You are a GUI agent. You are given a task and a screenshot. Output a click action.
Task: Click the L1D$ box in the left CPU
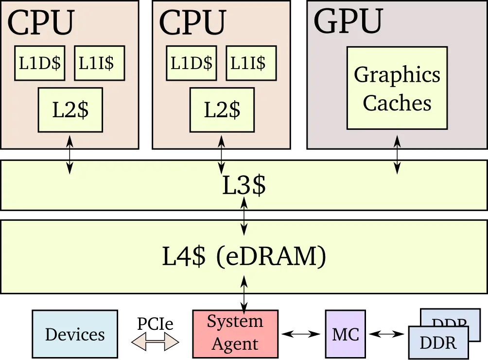[40, 63]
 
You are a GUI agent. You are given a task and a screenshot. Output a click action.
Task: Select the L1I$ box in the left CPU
[99, 63]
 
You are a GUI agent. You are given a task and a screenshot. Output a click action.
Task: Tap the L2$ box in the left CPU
[70, 109]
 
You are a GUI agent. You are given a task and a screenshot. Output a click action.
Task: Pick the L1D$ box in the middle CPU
[192, 63]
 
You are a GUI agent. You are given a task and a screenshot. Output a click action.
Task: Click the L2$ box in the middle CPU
[222, 109]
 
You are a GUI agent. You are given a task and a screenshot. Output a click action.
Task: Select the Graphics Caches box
[397, 88]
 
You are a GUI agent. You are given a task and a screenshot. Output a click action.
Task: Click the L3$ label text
[244, 186]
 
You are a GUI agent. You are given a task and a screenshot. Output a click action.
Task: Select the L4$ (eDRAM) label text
[244, 257]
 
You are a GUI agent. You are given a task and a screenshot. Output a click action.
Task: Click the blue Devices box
[75, 334]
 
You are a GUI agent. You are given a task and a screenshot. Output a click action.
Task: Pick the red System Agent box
[236, 333]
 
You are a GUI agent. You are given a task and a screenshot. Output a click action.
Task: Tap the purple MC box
[345, 334]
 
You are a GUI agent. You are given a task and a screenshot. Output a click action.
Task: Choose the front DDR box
[437, 343]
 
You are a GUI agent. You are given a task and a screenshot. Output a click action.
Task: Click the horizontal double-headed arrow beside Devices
[156, 342]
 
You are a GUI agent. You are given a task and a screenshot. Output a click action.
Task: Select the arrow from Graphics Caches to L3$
[397, 155]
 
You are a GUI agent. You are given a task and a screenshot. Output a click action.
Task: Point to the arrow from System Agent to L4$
[244, 294]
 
